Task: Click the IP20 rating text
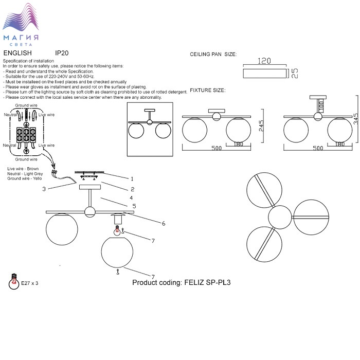[62, 53]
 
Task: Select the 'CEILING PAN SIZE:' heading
[213, 54]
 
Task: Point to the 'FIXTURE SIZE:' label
[207, 90]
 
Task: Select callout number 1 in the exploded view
[132, 179]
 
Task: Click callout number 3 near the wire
[44, 189]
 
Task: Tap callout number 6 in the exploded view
[163, 224]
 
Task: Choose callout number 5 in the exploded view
[134, 206]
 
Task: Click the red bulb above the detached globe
[118, 231]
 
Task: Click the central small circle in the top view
[280, 217]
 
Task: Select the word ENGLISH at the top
[17, 53]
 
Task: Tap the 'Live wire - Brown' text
[23, 169]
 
